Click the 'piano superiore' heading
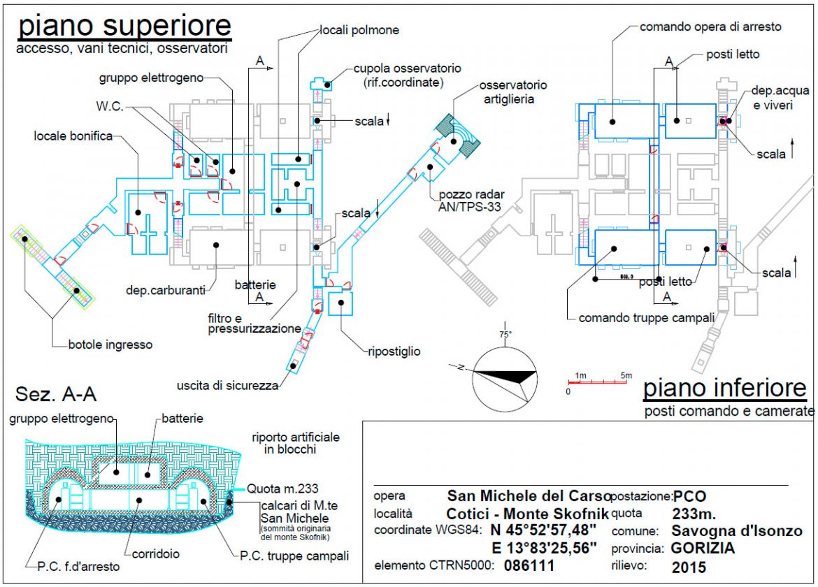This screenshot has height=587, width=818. (x=124, y=26)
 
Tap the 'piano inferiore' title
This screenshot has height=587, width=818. (x=725, y=389)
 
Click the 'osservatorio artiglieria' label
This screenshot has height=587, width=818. (x=512, y=92)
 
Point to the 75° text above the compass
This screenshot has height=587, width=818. (x=505, y=333)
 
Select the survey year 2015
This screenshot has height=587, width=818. (x=689, y=567)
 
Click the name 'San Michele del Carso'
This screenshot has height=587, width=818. (x=528, y=496)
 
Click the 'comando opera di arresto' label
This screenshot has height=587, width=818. (x=710, y=27)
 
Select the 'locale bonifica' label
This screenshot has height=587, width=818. (x=73, y=136)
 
